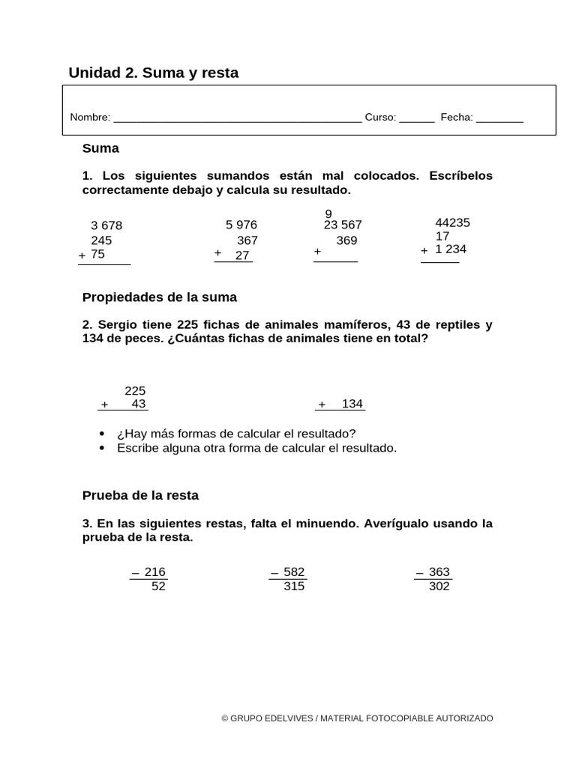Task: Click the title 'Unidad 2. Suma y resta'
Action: pyautogui.click(x=153, y=73)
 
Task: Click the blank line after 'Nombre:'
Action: pyautogui.click(x=237, y=119)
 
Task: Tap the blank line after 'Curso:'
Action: pyautogui.click(x=416, y=119)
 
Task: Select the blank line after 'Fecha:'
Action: pyautogui.click(x=499, y=119)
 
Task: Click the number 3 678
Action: pyautogui.click(x=106, y=225)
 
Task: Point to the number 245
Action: pyautogui.click(x=101, y=240)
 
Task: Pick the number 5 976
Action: pyautogui.click(x=241, y=225)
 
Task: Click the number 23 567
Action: pyautogui.click(x=343, y=225)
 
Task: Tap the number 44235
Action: pyautogui.click(x=453, y=222)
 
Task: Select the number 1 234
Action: pyautogui.click(x=451, y=249)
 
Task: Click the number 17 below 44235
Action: pyautogui.click(x=442, y=236)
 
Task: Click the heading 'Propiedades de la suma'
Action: pyautogui.click(x=159, y=297)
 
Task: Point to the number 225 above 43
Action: pyautogui.click(x=135, y=390)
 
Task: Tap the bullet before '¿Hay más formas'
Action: pyautogui.click(x=102, y=434)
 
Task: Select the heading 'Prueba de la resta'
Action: pyautogui.click(x=140, y=496)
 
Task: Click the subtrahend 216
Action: pyautogui.click(x=154, y=572)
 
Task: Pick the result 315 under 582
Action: pyautogui.click(x=294, y=586)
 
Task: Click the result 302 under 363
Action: pyautogui.click(x=439, y=586)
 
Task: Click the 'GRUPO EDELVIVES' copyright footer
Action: pyautogui.click(x=357, y=718)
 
